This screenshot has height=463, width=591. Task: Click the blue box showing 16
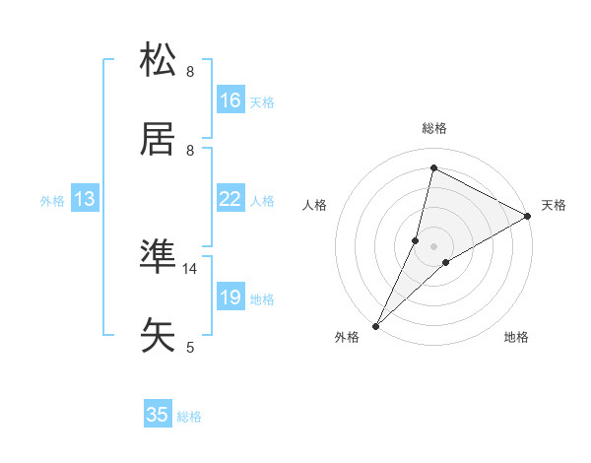click(230, 100)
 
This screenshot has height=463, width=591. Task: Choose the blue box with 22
click(230, 199)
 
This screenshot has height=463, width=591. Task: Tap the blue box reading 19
click(230, 298)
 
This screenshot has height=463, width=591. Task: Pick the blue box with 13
click(85, 199)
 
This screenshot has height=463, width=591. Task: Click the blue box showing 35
click(158, 415)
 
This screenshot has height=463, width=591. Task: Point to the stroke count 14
click(190, 268)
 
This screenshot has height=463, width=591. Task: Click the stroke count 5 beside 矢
click(190, 347)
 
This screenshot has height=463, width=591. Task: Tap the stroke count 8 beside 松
click(190, 72)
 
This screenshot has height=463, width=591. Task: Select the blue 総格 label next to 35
click(189, 417)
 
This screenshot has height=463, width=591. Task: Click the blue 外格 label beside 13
click(52, 201)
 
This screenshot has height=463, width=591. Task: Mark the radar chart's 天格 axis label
click(554, 205)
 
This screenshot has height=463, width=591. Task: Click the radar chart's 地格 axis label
click(516, 337)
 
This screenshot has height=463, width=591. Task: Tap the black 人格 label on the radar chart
click(314, 205)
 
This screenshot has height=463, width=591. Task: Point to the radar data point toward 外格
click(375, 326)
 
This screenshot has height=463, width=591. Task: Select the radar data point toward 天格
click(528, 217)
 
